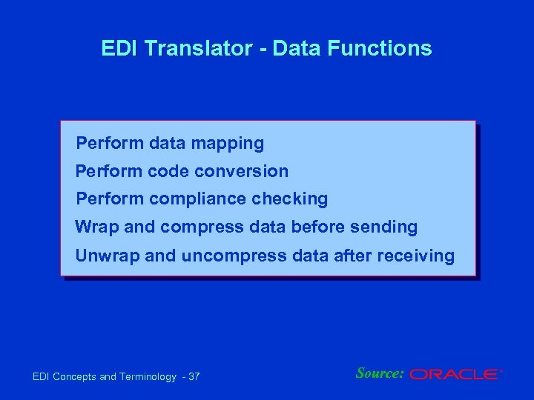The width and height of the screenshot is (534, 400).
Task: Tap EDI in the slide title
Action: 117,49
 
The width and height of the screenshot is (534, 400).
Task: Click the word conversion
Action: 243,171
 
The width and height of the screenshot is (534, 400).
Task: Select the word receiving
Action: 416,256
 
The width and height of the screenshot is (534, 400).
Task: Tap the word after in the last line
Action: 355,256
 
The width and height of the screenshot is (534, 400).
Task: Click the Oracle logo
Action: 455,375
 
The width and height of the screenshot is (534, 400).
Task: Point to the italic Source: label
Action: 380,373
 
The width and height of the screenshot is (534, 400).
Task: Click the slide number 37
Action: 194,377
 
